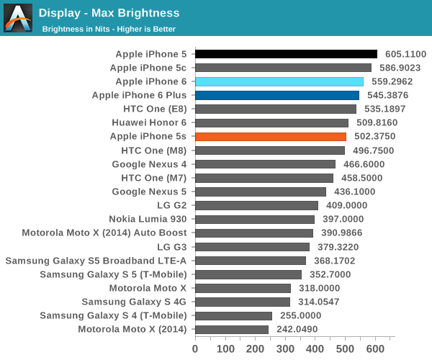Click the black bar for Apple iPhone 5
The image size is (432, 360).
286,54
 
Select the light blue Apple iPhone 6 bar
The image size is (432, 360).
279,81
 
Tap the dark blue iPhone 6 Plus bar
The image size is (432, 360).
277,95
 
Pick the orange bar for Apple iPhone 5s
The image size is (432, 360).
271,136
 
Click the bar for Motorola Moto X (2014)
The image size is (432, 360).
232,329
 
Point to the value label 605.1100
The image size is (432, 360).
406,54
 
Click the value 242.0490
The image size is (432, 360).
297,329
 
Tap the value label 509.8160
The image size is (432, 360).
377,122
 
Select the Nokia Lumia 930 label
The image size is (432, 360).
148,219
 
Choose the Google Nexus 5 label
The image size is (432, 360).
149,192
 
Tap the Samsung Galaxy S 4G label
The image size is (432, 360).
134,302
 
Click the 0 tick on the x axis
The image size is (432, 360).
195,349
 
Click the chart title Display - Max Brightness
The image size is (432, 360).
109,13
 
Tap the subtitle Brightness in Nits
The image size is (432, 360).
109,30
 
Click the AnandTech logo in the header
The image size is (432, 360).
18,17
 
